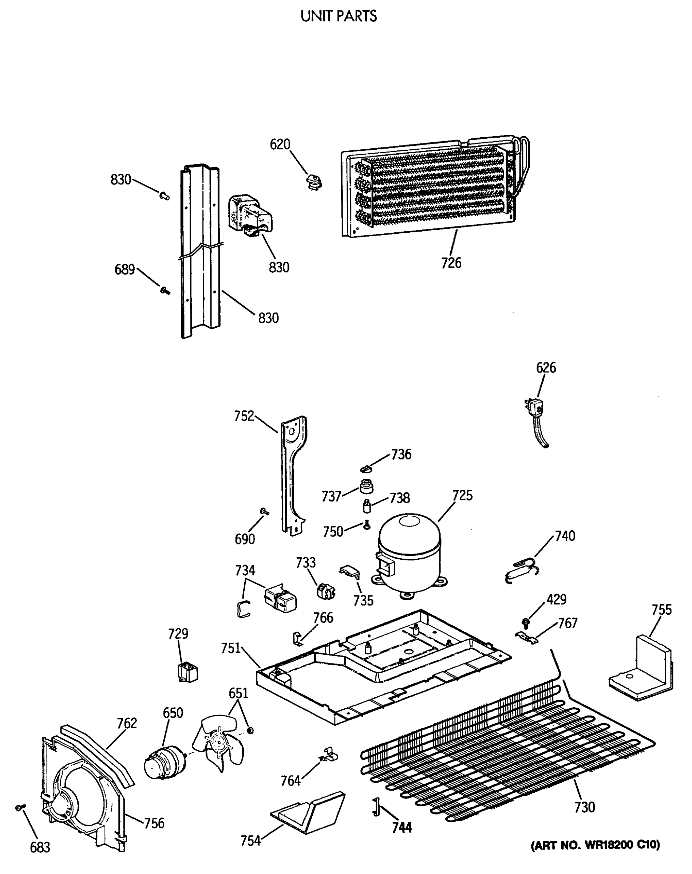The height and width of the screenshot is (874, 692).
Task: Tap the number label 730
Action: coord(584,807)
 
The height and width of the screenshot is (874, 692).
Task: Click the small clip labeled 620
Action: coord(313,181)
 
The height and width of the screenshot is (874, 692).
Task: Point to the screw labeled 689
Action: coord(165,290)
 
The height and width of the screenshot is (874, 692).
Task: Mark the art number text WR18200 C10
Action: coord(595,845)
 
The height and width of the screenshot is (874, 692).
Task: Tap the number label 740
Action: coord(565,536)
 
